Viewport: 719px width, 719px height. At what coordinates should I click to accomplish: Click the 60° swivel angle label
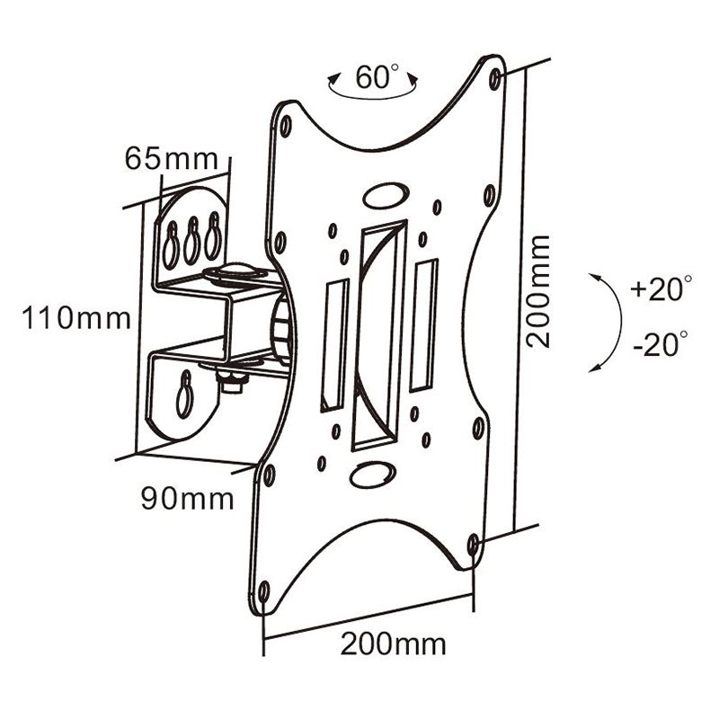point(377,77)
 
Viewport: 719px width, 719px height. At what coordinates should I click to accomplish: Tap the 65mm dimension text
point(171,159)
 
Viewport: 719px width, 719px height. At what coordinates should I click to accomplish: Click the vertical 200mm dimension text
point(538,291)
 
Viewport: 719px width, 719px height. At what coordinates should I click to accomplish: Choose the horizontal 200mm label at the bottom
point(392,644)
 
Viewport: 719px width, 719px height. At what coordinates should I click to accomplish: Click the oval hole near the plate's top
point(386,195)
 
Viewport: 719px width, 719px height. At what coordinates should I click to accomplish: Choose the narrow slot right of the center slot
point(422,325)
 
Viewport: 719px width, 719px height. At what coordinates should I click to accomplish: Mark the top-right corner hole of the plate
point(495,79)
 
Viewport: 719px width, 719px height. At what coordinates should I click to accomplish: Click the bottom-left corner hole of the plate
point(263,591)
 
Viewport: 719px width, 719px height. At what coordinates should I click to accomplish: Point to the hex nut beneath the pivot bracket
point(231,382)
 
